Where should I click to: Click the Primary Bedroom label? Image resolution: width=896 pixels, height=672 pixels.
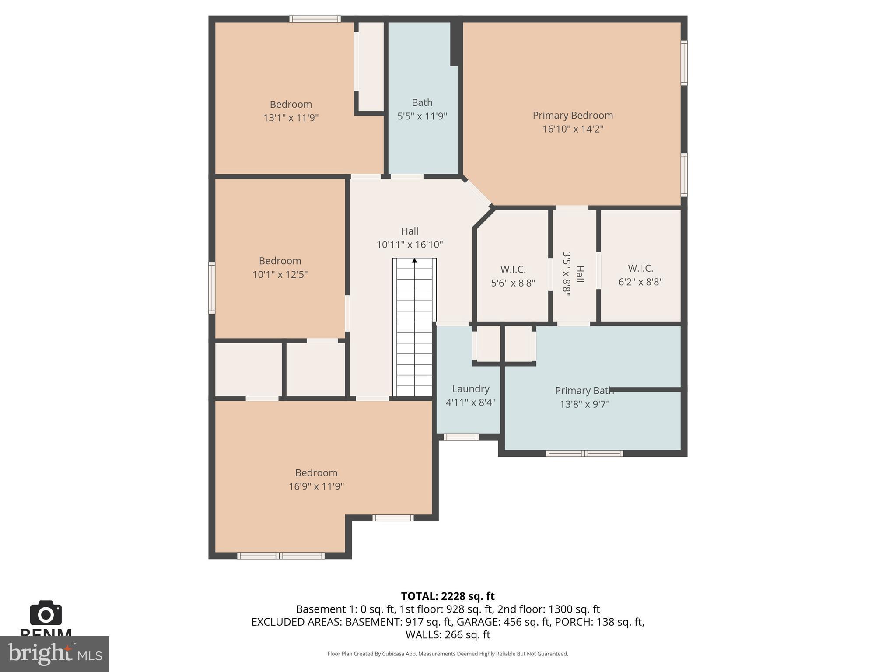pyautogui.click(x=572, y=115)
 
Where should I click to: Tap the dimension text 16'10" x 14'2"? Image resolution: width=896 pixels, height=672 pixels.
pyautogui.click(x=572, y=129)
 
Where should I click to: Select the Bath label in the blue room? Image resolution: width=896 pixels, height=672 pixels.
pyautogui.click(x=422, y=103)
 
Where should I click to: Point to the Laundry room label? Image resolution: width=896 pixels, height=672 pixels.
pyautogui.click(x=470, y=389)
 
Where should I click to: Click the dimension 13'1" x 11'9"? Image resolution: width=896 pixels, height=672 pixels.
pyautogui.click(x=290, y=118)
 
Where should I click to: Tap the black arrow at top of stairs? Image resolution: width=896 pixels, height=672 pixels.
pyautogui.click(x=414, y=261)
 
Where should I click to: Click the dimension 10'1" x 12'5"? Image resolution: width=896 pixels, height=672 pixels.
pyautogui.click(x=280, y=275)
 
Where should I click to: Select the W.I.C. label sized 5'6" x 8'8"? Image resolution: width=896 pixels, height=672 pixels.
pyautogui.click(x=513, y=269)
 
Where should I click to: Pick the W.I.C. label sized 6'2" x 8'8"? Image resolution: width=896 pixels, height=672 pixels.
pyautogui.click(x=640, y=269)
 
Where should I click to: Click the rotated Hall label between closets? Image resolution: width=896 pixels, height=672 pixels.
pyautogui.click(x=580, y=274)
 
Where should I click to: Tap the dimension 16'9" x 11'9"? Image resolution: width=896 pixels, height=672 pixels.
pyautogui.click(x=316, y=486)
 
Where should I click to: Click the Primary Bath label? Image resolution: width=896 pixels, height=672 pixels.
pyautogui.click(x=584, y=391)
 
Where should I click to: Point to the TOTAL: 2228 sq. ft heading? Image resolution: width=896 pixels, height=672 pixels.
pyautogui.click(x=448, y=596)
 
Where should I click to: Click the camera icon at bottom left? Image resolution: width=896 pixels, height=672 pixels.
pyautogui.click(x=45, y=613)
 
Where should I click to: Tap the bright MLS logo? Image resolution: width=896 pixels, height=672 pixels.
pyautogui.click(x=54, y=654)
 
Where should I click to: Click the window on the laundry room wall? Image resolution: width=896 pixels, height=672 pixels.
pyautogui.click(x=461, y=437)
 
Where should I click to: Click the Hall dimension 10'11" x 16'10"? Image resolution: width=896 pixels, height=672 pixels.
pyautogui.click(x=409, y=245)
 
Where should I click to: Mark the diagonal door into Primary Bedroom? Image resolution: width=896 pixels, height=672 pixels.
pyautogui.click(x=478, y=193)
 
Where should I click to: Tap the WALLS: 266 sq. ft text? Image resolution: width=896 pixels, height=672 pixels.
pyautogui.click(x=448, y=634)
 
